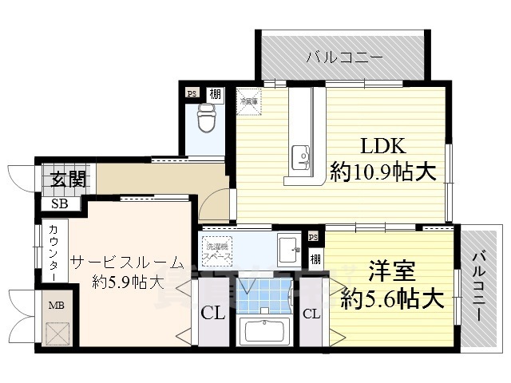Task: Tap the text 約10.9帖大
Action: [383, 171]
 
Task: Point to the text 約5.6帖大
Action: [391, 299]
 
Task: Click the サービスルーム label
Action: [127, 263]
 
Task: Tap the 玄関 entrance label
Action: [61, 179]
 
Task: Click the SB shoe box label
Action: [60, 203]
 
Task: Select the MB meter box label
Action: [57, 305]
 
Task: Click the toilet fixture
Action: [206, 120]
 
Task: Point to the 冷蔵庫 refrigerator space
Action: [248, 99]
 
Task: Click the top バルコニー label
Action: [345, 57]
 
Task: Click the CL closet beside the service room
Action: [212, 314]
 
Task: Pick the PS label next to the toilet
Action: [192, 93]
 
